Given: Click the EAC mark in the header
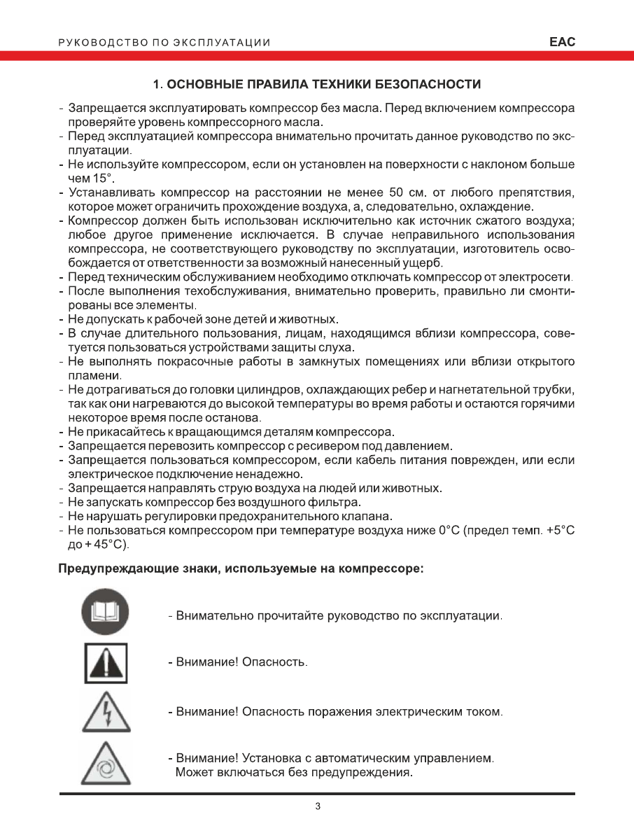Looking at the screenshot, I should (562, 42).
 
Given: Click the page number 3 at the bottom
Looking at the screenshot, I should (317, 807).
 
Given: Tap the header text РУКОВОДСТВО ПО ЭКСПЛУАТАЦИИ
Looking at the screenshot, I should (164, 43).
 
